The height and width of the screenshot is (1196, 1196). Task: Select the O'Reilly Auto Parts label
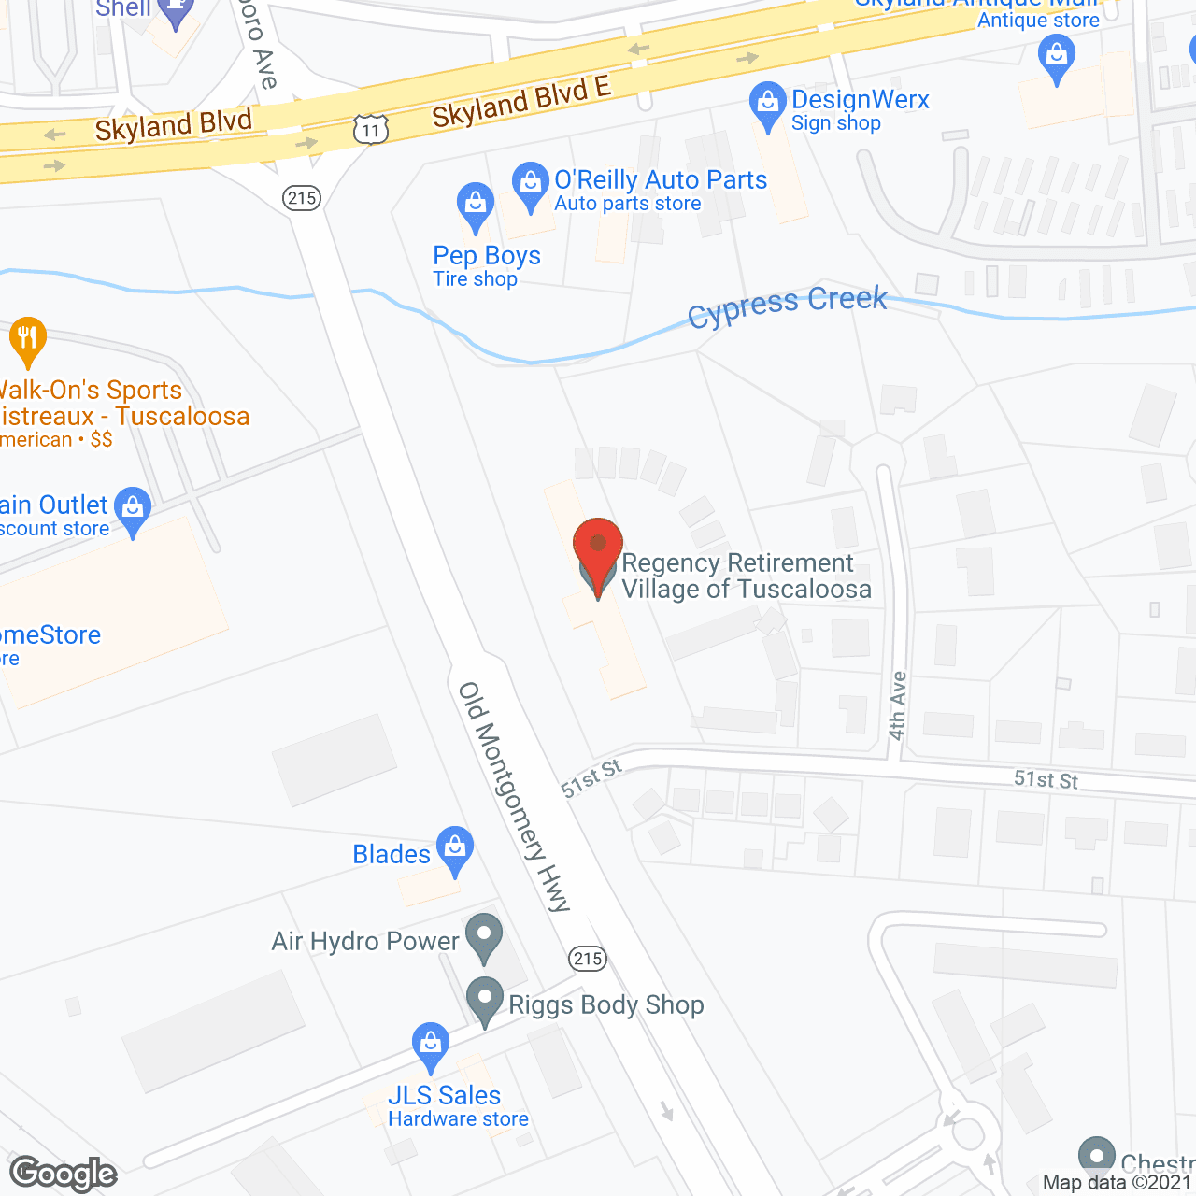[x=661, y=179]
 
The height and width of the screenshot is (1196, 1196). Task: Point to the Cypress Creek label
[x=787, y=306]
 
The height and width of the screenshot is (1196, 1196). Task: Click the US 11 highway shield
[x=371, y=129]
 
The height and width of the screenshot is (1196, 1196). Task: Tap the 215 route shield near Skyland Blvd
[x=302, y=198]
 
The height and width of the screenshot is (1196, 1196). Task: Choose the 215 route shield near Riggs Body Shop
[x=588, y=958]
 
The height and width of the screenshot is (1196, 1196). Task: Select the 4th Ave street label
[x=898, y=705]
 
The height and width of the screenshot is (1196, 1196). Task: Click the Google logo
[x=64, y=1174]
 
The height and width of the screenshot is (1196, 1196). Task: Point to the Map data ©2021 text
[x=1117, y=1183]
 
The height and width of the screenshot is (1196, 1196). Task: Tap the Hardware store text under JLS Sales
[x=458, y=1119]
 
